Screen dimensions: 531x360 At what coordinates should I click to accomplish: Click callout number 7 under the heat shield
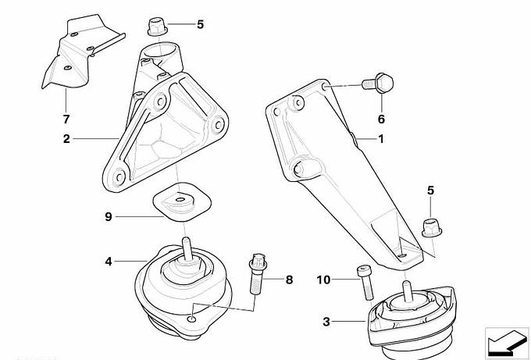point(66,119)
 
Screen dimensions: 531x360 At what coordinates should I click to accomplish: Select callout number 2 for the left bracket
point(66,138)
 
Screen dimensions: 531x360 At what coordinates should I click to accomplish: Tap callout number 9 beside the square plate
point(109,216)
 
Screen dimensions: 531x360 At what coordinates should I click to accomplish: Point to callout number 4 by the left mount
point(109,262)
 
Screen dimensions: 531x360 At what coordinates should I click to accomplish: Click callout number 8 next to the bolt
point(289,280)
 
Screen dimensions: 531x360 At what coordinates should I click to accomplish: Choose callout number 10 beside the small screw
point(323,280)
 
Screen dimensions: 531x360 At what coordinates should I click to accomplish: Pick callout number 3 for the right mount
point(326,322)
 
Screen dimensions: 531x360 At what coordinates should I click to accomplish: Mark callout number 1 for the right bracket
point(381,139)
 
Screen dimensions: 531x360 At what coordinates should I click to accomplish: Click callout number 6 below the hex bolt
point(381,119)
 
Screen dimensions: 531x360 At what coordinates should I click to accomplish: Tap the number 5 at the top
point(201,24)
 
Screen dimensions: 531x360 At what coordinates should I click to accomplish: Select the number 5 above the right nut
point(430,191)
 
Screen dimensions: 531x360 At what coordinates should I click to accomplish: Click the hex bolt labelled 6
point(378,83)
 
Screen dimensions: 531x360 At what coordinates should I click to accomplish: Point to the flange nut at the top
point(158,27)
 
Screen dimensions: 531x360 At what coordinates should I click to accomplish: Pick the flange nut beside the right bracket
point(432,227)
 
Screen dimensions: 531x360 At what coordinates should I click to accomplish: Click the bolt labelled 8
point(258,273)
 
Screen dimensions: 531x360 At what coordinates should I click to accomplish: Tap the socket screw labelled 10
point(365,283)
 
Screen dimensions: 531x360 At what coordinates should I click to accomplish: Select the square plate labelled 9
point(182,201)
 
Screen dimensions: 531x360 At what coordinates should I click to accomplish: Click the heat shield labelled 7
point(80,51)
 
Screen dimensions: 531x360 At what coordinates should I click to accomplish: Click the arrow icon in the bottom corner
point(507,342)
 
